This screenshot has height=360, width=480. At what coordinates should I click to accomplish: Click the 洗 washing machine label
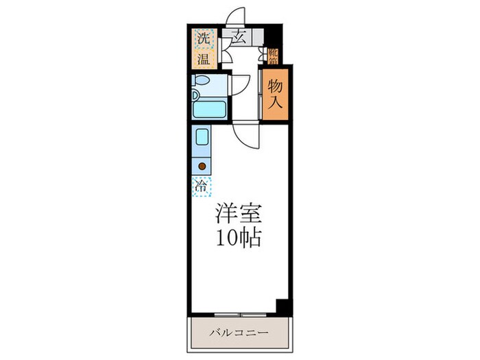coord(204,38)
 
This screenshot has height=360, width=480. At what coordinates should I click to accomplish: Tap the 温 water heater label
coord(204,59)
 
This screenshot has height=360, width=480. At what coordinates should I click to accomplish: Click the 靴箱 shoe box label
coord(273,56)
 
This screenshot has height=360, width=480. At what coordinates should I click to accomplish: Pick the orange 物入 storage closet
coord(275,95)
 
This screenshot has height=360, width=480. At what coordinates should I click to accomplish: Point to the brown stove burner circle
coord(202,165)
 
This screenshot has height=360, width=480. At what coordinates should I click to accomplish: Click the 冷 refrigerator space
coord(202,184)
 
